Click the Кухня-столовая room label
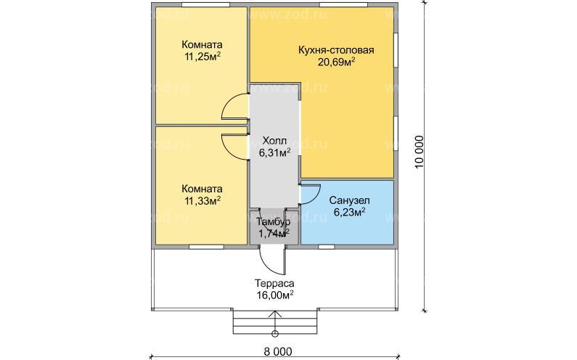click(336, 50)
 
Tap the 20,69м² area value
click(336, 62)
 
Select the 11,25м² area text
click(202, 57)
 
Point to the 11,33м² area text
click(202, 200)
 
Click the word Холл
click(274, 141)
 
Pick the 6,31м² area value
click(274, 152)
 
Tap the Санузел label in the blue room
click(349, 200)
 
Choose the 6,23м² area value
click(349, 213)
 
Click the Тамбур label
click(274, 221)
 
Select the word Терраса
click(274, 284)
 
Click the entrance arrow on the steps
click(274, 321)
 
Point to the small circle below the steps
click(274, 334)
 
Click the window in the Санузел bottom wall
click(326, 247)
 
